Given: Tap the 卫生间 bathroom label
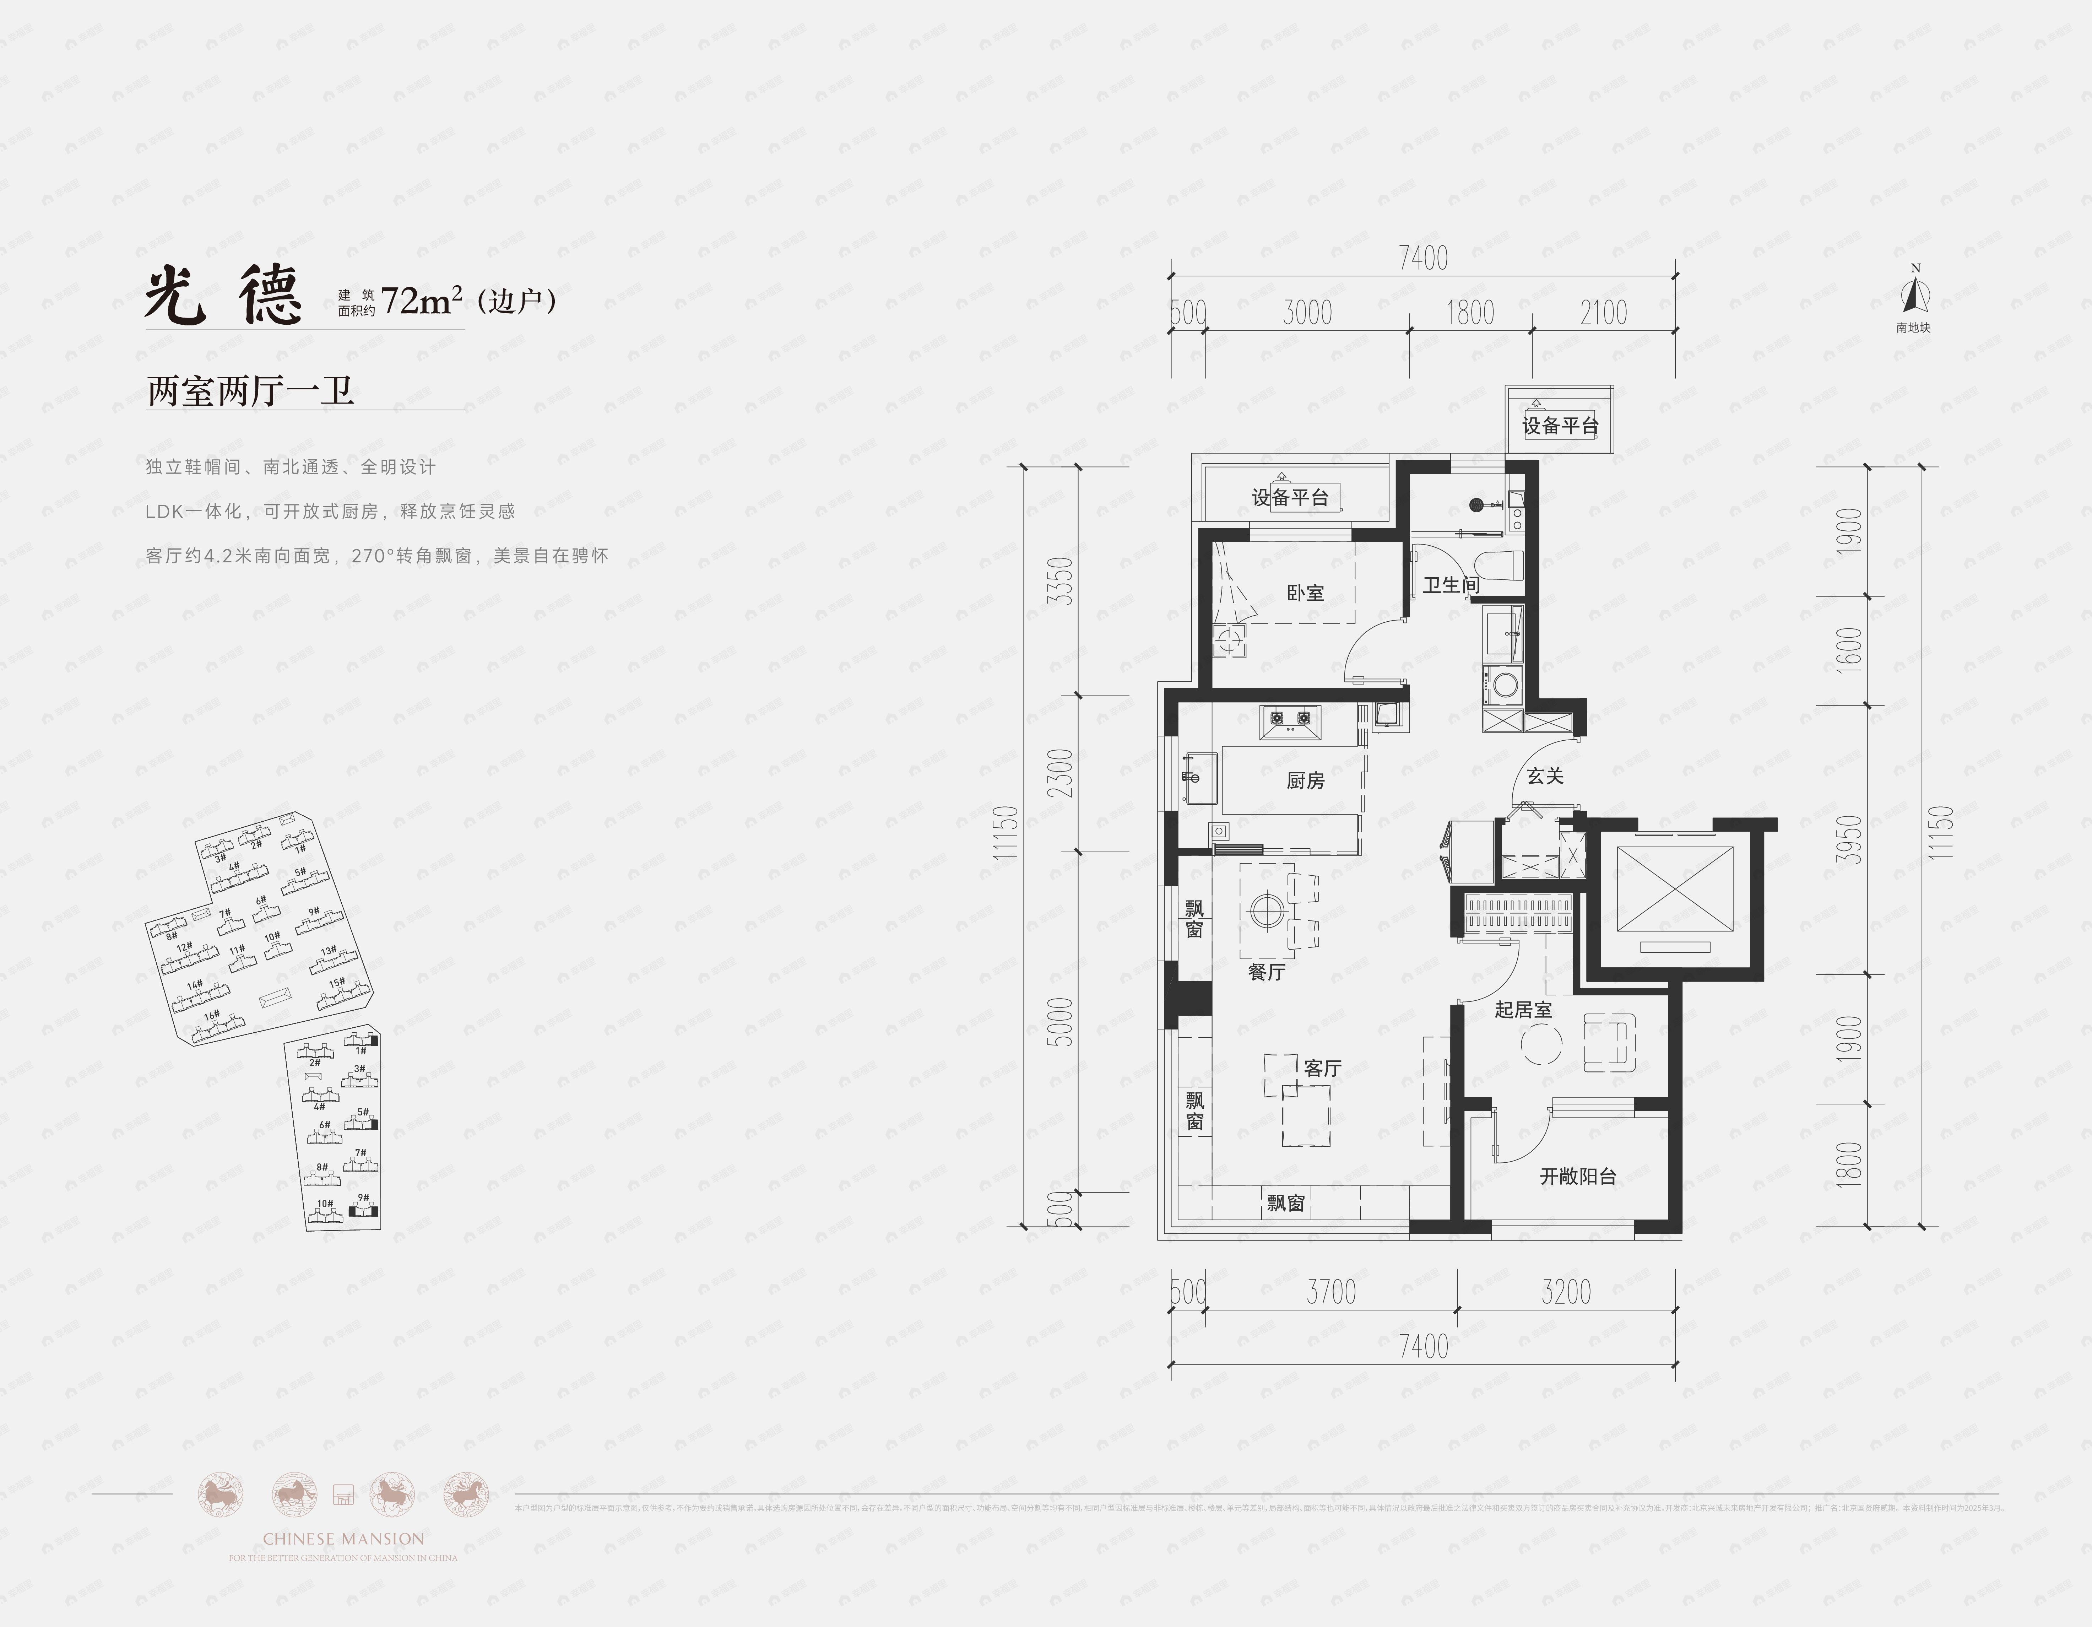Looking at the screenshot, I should click(1450, 584).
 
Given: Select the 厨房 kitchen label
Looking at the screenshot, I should click(1305, 781).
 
